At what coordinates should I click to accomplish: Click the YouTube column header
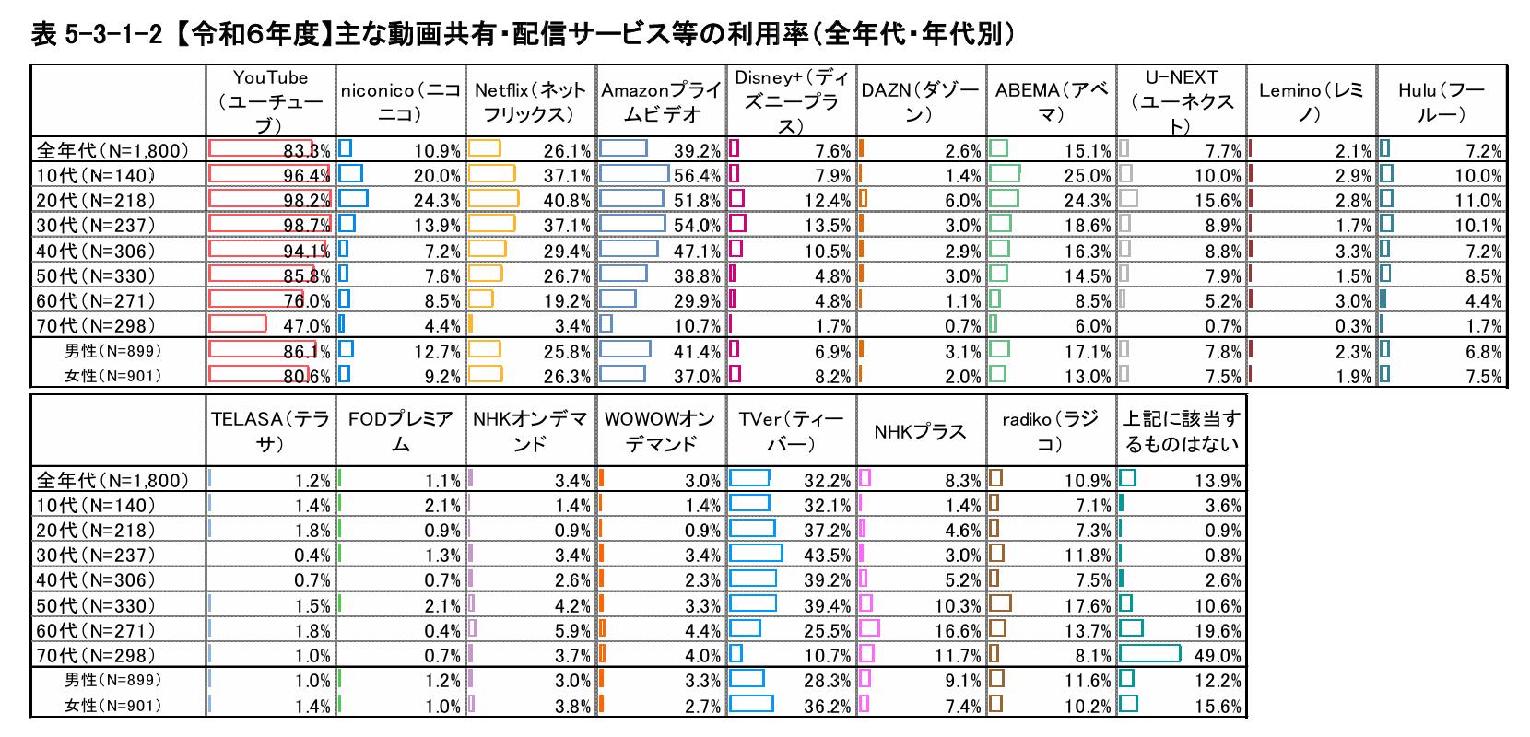[270, 101]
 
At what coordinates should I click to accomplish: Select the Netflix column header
[530, 101]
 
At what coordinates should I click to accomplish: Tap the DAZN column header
[920, 101]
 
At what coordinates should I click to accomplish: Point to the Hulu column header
[1442, 101]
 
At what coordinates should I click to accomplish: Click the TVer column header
[791, 431]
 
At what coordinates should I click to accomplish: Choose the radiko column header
[1050, 431]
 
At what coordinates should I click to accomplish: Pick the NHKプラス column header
[920, 431]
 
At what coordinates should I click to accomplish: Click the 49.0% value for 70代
[1218, 656]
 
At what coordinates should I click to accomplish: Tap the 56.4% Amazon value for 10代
[698, 176]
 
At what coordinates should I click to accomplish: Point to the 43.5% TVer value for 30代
[827, 556]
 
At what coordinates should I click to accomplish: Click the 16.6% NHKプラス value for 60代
[958, 631]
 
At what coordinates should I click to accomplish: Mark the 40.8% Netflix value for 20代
[567, 201]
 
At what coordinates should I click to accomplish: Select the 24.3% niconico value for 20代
[437, 201]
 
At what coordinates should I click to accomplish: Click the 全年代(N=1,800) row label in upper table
[112, 151]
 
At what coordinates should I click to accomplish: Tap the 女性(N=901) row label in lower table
[112, 706]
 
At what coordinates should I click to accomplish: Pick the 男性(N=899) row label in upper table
[112, 351]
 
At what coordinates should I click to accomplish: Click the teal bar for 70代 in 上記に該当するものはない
[1150, 654]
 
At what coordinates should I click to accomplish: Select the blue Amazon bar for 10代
[634, 174]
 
